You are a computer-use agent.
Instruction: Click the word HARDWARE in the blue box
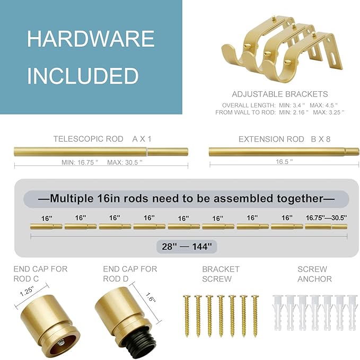pos(91,39)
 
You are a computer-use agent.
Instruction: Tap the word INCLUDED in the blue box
pos(83,76)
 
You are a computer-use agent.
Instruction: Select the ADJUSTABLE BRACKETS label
pos(279,94)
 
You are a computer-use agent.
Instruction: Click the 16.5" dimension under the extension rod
pos(284,162)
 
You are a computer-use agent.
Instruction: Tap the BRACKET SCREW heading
pos(221,274)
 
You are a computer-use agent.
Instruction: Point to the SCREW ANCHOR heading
pos(314,274)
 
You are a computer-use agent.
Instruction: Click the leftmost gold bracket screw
pos(186,315)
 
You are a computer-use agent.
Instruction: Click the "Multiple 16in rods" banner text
pos(186,199)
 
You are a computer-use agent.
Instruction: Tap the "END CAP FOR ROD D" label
pos(130,274)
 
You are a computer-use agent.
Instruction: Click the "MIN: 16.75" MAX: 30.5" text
pos(102,162)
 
